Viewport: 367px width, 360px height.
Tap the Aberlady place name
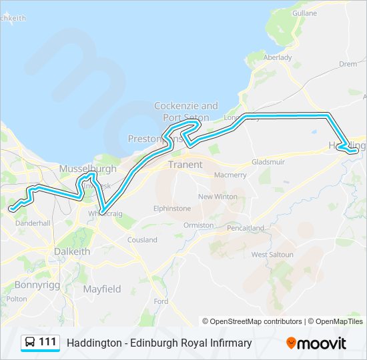[278, 58]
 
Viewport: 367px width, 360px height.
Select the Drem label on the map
[348, 64]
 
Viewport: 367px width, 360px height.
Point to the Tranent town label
[184, 164]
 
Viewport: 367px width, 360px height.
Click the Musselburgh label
[87, 169]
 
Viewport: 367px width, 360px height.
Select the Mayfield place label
[102, 289]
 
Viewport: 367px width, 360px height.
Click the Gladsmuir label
[268, 162]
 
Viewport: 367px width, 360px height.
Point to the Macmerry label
[230, 175]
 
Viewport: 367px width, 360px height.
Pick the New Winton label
[217, 197]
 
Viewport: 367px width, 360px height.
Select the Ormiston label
[199, 225]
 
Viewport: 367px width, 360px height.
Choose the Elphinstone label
[171, 208]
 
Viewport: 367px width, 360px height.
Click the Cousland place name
[142, 239]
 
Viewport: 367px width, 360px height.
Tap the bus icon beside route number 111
[30, 343]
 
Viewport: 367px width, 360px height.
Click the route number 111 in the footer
[47, 342]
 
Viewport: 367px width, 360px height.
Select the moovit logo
[316, 343]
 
